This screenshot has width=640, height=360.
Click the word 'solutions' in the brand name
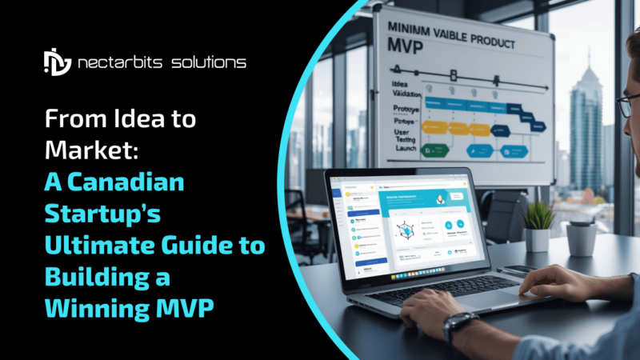point(210,62)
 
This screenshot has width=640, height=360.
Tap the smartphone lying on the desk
point(525,270)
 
